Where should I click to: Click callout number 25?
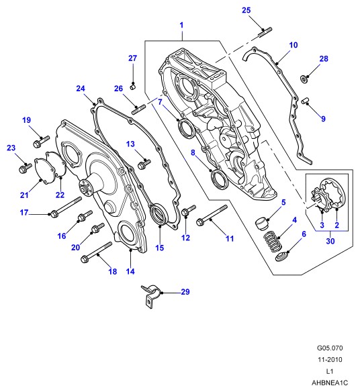[246, 10]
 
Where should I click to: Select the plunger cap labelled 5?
[262, 224]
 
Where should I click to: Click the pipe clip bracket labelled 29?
[151, 297]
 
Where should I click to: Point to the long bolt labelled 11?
[212, 215]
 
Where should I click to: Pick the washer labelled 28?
[304, 79]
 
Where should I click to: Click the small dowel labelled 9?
[305, 101]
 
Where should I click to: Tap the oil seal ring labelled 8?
[220, 179]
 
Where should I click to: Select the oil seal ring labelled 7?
[186, 130]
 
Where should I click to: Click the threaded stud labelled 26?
[138, 110]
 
